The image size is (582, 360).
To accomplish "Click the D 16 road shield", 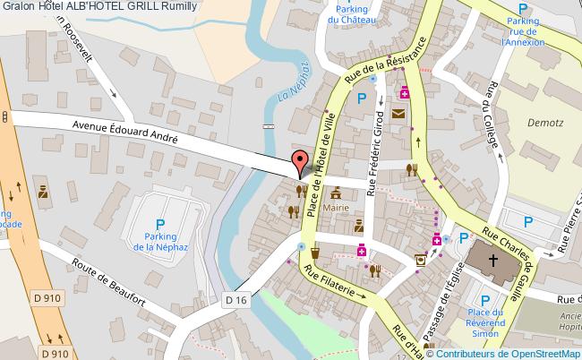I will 235,299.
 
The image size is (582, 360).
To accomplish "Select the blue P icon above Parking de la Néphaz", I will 160,225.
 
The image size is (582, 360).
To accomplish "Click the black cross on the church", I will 491,261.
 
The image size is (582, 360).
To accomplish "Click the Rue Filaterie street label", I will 336,282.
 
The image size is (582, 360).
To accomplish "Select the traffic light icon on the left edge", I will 4,116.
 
